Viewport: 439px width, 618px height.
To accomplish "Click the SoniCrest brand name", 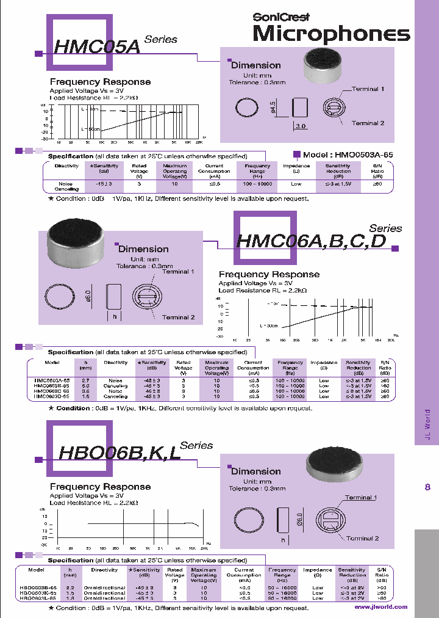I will [x=281, y=17].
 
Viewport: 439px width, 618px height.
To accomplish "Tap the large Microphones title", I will [x=331, y=34].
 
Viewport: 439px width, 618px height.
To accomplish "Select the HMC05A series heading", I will [x=98, y=47].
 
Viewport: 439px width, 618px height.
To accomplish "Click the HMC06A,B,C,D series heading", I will [x=311, y=241].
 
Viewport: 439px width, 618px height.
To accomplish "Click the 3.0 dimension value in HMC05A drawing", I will [x=301, y=126].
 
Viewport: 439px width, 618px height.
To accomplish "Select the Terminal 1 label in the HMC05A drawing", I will [x=368, y=89].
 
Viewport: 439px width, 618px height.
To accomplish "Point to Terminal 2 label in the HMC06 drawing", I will [x=179, y=317].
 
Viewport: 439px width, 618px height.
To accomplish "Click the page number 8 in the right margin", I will [x=427, y=470].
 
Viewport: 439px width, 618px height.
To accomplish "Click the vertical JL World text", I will [x=427, y=424].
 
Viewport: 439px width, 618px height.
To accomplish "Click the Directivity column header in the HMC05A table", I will [x=66, y=166].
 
